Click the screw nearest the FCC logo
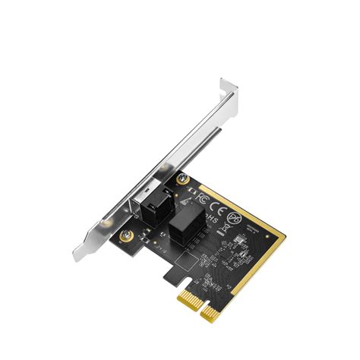[182, 178]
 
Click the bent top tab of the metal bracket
[229, 90]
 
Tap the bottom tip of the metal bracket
[79, 256]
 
